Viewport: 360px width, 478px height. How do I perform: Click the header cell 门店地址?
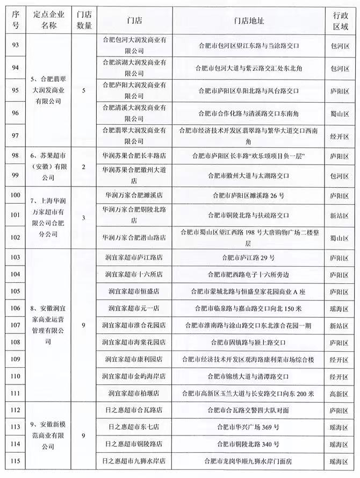pyautogui.click(x=249, y=20)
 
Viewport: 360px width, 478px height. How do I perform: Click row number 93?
pyautogui.click(x=15, y=46)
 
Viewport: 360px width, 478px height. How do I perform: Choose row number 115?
pyautogui.click(x=15, y=460)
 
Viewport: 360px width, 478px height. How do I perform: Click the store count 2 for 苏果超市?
pyautogui.click(x=83, y=167)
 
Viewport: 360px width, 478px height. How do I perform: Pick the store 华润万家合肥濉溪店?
pyautogui.click(x=134, y=196)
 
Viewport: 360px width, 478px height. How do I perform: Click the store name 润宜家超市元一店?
pyautogui.click(x=134, y=309)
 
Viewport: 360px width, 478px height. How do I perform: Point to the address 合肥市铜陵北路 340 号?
pyautogui.click(x=248, y=444)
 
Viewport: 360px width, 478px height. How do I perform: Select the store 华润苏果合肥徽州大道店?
pyautogui.click(x=134, y=175)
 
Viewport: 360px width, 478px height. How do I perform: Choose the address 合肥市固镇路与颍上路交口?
pyautogui.click(x=248, y=342)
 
